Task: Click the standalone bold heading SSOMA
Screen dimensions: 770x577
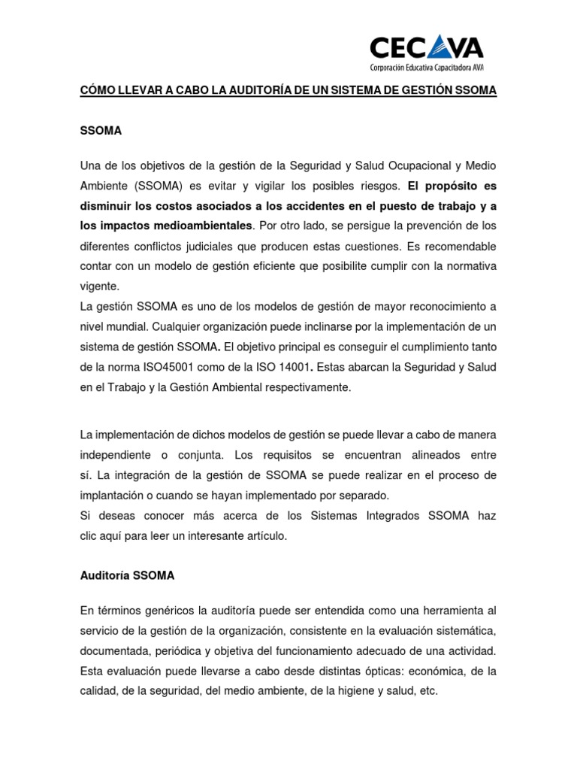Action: [101, 130]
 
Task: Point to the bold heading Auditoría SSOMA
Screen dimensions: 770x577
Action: [127, 575]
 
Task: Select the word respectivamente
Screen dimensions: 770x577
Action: [310, 387]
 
